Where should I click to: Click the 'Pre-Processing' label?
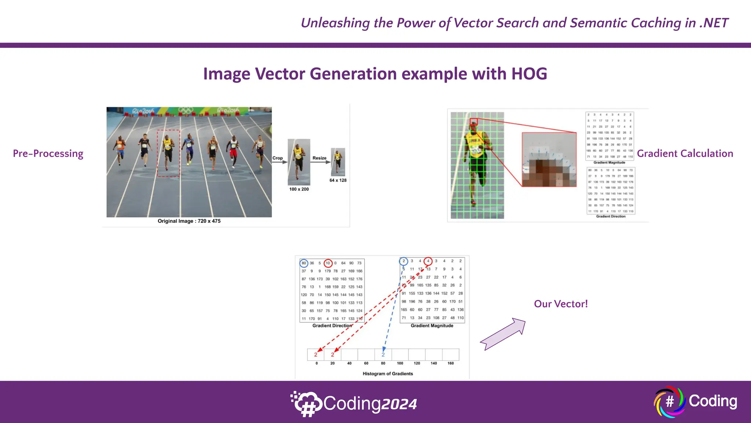pos(48,153)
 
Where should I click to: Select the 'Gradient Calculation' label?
pos(685,153)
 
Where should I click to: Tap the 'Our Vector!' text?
pos(561,304)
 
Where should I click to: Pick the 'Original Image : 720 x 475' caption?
pos(189,221)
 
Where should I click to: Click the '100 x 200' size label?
pos(299,189)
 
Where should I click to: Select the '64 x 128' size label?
pos(338,180)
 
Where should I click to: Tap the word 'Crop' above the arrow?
pos(278,158)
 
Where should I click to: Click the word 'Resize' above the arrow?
pos(319,158)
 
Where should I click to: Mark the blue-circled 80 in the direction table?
pos(304,263)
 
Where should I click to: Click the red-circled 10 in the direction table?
pos(328,263)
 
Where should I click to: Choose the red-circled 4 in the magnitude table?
pos(428,261)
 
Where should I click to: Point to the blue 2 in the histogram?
pos(383,355)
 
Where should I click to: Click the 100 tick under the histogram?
pos(400,363)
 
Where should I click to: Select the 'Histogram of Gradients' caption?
pos(388,373)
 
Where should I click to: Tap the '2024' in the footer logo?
pos(399,404)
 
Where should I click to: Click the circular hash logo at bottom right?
pos(669,402)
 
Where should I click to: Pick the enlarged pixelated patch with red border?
pos(549,160)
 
